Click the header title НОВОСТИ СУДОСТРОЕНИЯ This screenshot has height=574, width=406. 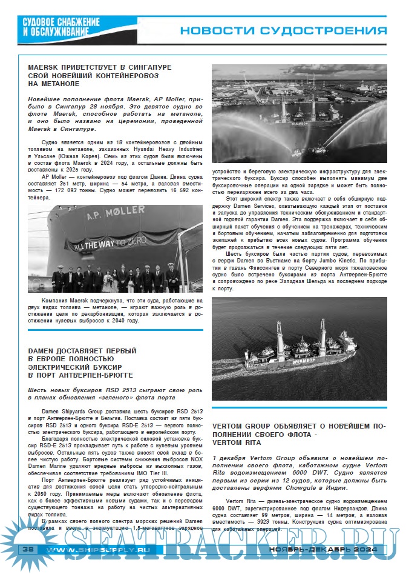pyautogui.click(x=283, y=31)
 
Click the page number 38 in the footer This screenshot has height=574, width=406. pyautogui.click(x=27, y=549)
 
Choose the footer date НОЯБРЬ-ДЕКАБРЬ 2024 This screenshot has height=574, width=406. pyautogui.click(x=323, y=549)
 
